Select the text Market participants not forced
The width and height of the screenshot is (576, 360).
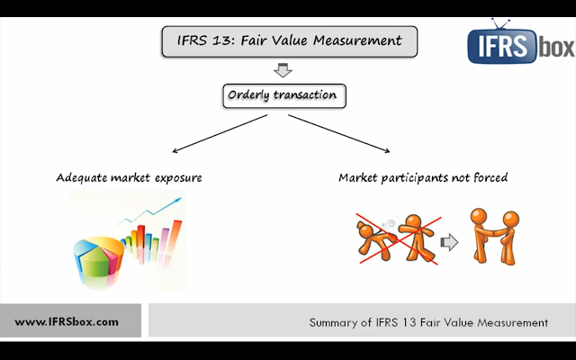tap(423, 177)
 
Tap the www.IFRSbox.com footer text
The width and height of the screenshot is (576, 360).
tap(67, 321)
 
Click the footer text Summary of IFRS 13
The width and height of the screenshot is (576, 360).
tap(427, 321)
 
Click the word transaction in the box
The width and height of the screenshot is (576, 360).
tap(305, 95)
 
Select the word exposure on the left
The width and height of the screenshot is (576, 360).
tap(175, 177)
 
